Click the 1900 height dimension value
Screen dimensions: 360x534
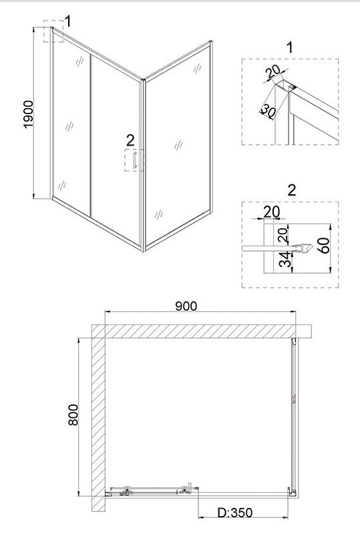point(28,114)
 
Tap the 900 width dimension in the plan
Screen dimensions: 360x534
point(186,306)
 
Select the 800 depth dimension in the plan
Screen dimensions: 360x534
point(73,415)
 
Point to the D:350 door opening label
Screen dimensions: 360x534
point(236,512)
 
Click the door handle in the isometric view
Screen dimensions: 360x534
point(135,160)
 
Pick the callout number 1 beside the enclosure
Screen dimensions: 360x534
point(68,21)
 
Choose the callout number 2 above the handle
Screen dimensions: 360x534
point(130,140)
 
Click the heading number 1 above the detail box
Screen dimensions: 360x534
point(290,47)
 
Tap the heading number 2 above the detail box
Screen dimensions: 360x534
point(292,190)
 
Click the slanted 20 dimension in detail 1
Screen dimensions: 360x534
point(273,71)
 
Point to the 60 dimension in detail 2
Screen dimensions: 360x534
point(324,245)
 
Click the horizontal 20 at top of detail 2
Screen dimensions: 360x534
point(272,212)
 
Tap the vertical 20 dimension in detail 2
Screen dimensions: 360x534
point(283,235)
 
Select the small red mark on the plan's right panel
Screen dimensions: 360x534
point(294,399)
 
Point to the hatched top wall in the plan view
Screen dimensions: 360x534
point(202,331)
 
